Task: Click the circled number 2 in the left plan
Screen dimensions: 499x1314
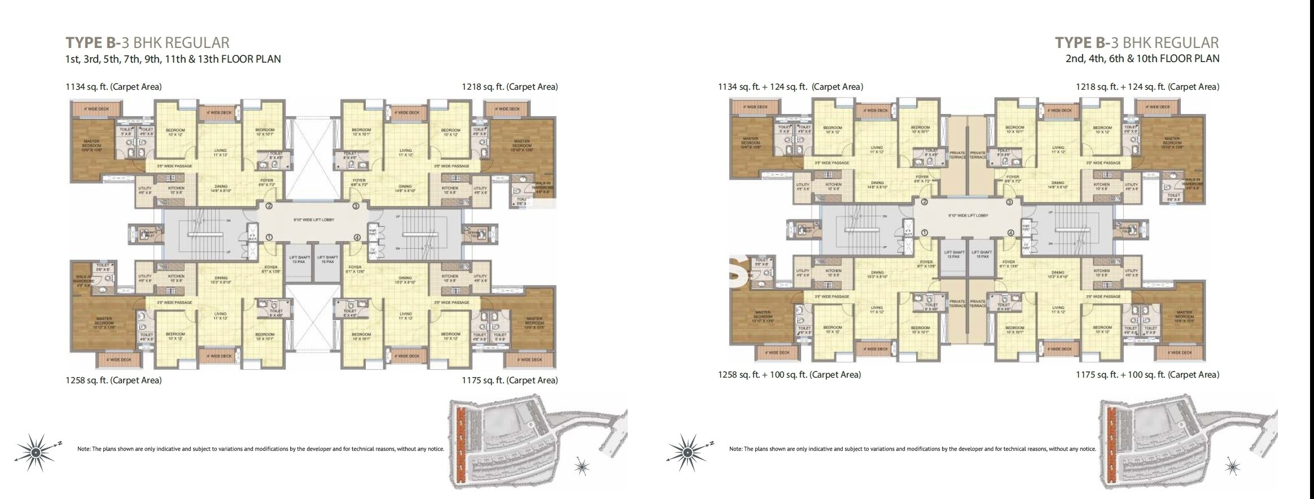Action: pos(269,206)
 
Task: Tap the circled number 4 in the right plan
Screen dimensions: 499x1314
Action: pos(1010,233)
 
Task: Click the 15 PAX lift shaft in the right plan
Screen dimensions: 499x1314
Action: pos(982,255)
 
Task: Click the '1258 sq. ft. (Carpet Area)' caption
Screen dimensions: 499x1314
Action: pos(114,380)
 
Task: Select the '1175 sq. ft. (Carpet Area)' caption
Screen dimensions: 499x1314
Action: pos(510,380)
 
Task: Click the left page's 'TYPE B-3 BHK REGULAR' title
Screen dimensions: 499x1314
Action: pos(147,43)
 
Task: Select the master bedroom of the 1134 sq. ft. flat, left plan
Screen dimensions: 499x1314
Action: pos(91,146)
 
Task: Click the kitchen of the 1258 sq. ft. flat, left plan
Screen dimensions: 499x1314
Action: pos(176,278)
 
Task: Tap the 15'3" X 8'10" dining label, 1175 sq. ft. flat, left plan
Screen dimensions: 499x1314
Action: pos(405,280)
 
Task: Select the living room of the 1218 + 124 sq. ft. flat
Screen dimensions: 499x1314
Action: pos(1058,150)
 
